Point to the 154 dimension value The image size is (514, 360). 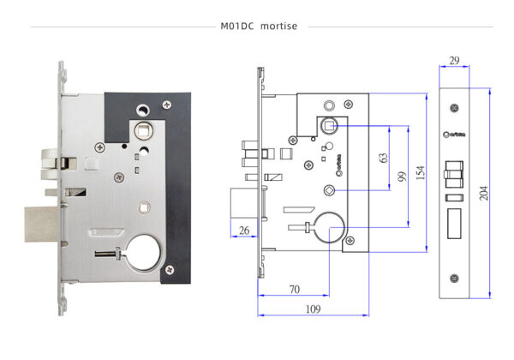[421, 172]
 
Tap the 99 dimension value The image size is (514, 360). [400, 177]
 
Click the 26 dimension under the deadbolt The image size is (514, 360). [244, 230]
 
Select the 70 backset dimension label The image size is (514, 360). [293, 290]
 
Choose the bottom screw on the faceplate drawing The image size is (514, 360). [454, 278]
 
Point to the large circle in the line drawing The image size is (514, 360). [328, 227]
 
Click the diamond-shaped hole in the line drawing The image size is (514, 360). [330, 190]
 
